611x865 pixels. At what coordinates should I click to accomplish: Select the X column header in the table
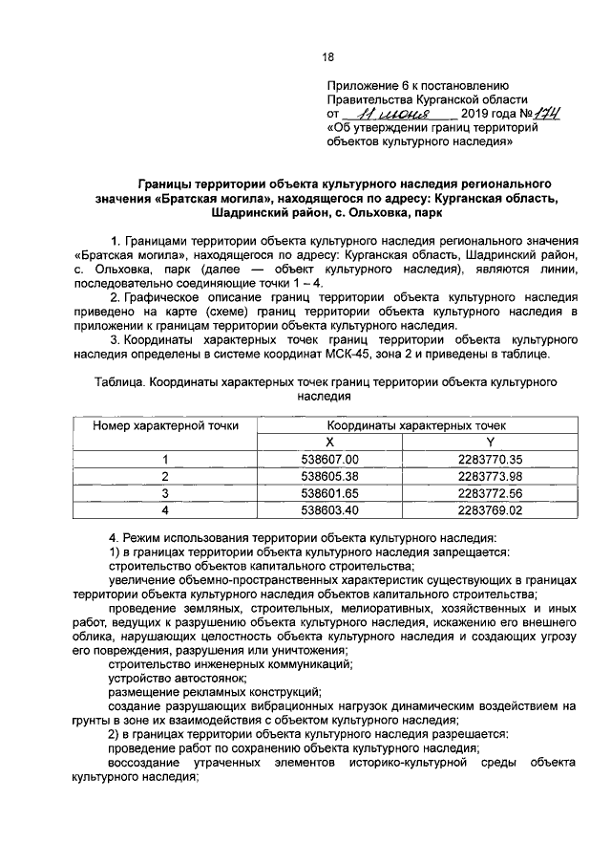pyautogui.click(x=329, y=442)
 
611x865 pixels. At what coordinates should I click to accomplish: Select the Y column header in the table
pyautogui.click(x=490, y=442)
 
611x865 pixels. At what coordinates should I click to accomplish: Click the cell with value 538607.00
pyautogui.click(x=329, y=460)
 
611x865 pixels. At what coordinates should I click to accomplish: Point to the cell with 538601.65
pyautogui.click(x=329, y=493)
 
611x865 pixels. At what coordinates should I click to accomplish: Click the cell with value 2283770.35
pyautogui.click(x=490, y=460)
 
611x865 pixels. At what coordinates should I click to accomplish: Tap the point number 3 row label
pyautogui.click(x=164, y=493)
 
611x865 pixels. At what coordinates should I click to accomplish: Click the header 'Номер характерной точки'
pyautogui.click(x=165, y=425)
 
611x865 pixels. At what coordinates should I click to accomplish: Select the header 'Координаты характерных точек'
pyautogui.click(x=411, y=425)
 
